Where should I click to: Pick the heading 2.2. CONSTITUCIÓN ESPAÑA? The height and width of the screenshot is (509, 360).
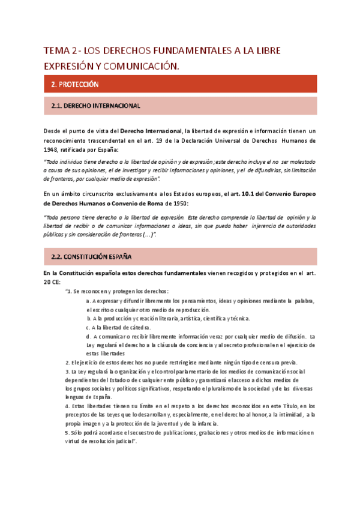pyautogui.click(x=92, y=257)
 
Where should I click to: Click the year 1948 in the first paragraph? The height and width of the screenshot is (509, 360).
pyautogui.click(x=52, y=150)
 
